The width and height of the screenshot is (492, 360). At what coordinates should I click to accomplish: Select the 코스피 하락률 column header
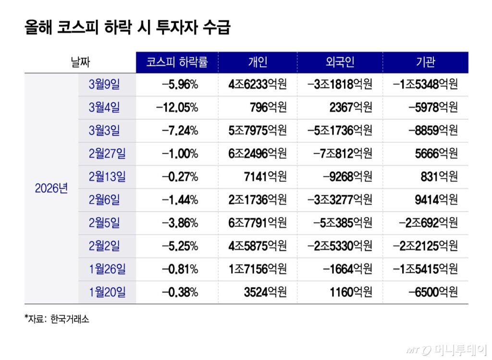pos(177,62)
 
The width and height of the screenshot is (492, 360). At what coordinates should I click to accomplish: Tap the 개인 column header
pos(258,62)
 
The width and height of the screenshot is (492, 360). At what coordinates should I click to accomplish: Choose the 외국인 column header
pos(340,62)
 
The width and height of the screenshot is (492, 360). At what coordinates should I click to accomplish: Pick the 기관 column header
pos(425,62)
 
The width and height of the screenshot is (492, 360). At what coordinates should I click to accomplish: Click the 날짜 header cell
pos(80,62)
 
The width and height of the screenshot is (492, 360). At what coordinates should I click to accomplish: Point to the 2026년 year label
pos(51,189)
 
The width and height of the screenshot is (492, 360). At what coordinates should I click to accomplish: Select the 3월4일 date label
pos(104,108)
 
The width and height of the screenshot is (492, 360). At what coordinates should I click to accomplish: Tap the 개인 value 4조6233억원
pos(258,85)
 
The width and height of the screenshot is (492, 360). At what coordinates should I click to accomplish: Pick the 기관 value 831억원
pos(439,177)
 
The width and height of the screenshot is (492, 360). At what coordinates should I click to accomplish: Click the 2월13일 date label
pos(107,177)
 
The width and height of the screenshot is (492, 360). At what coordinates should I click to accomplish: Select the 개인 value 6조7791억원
pos(258,223)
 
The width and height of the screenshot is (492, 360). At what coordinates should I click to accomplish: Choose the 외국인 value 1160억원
pos(351,292)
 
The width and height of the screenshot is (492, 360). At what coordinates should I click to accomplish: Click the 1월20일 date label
pos(107,292)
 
